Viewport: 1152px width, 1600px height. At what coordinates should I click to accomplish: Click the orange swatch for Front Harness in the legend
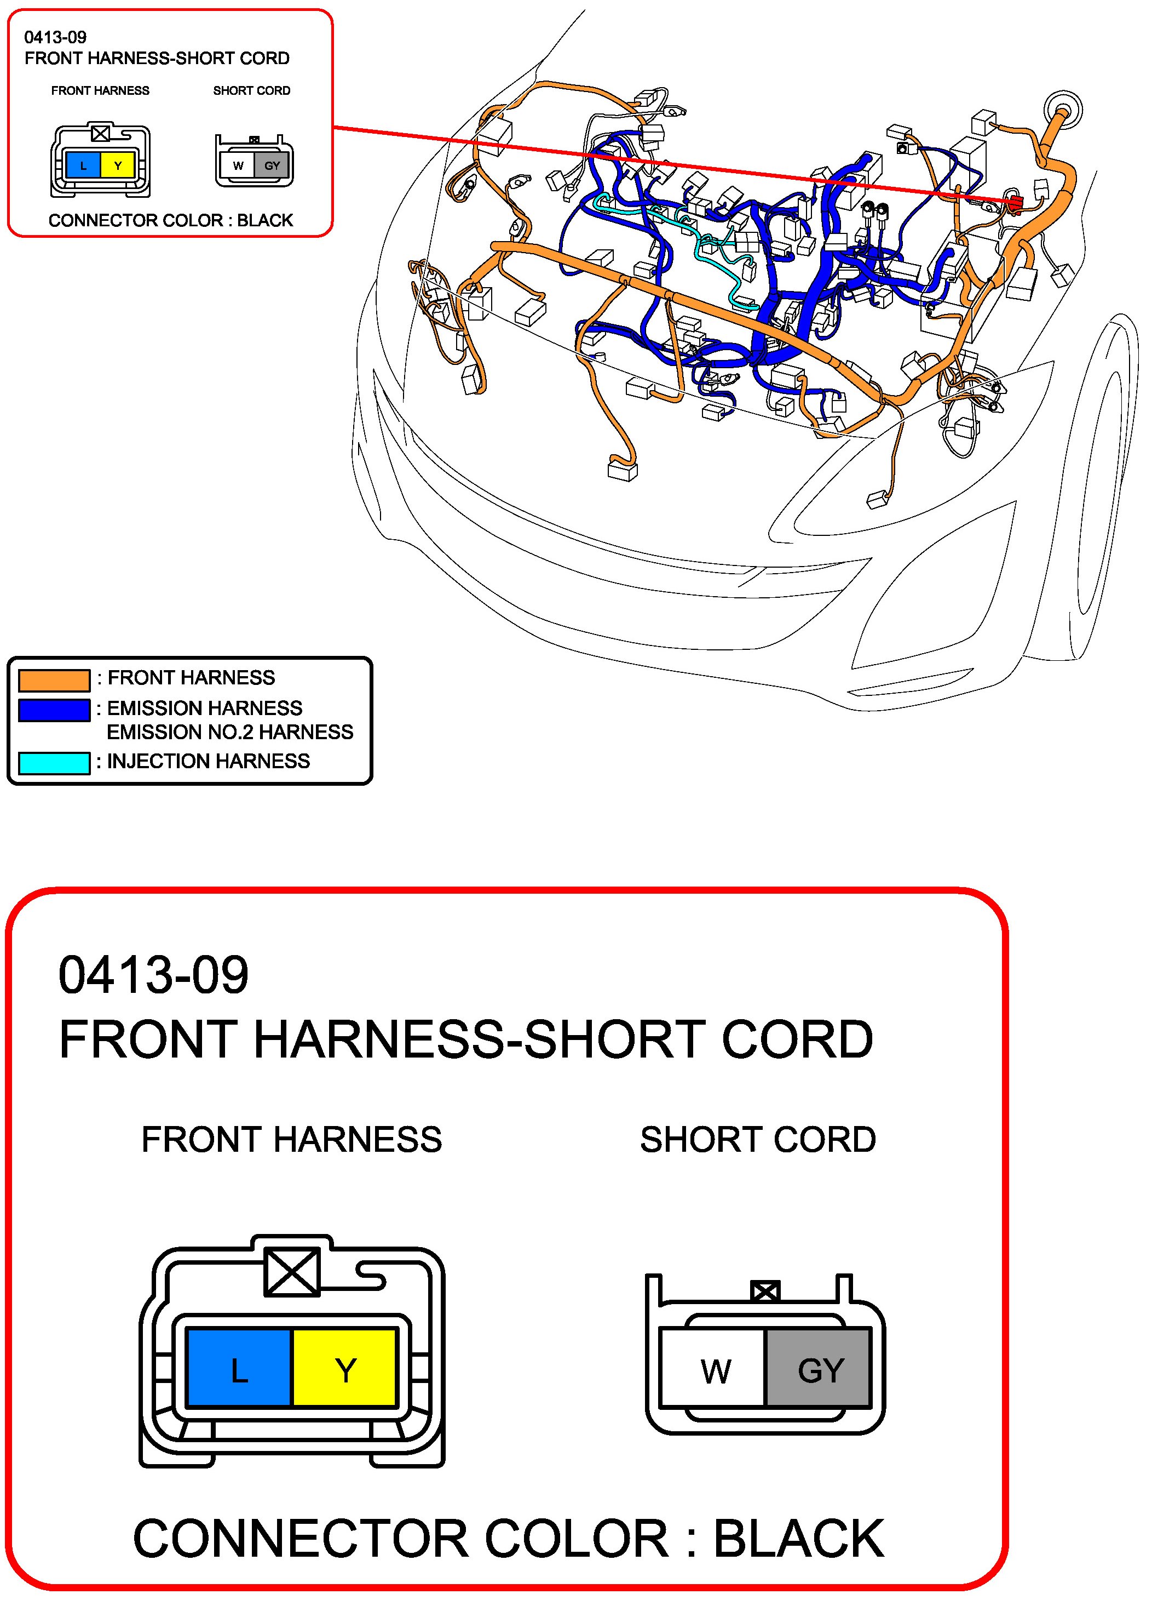[x=54, y=679]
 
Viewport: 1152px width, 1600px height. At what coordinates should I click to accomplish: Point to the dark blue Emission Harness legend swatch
[x=54, y=710]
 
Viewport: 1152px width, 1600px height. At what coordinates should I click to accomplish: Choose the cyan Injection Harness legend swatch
[x=54, y=763]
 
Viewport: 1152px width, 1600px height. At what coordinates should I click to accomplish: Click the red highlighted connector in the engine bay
[x=1016, y=204]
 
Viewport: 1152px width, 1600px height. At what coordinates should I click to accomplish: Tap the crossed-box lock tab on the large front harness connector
[x=292, y=1271]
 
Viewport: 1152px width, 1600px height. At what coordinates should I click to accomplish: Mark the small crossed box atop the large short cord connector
[x=765, y=1292]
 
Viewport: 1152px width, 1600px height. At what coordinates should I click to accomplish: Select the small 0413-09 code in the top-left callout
[x=55, y=37]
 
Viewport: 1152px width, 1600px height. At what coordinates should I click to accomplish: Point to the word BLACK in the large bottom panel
[x=799, y=1539]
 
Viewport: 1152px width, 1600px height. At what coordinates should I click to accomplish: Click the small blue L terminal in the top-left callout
[x=83, y=167]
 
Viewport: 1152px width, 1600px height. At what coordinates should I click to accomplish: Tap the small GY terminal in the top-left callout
[x=272, y=167]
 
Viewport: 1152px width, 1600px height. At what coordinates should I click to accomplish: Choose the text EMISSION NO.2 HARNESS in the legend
[x=230, y=732]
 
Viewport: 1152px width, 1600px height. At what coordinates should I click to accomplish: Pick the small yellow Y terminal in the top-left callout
[x=118, y=167]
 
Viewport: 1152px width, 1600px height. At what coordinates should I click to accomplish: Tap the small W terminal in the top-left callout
[x=238, y=167]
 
